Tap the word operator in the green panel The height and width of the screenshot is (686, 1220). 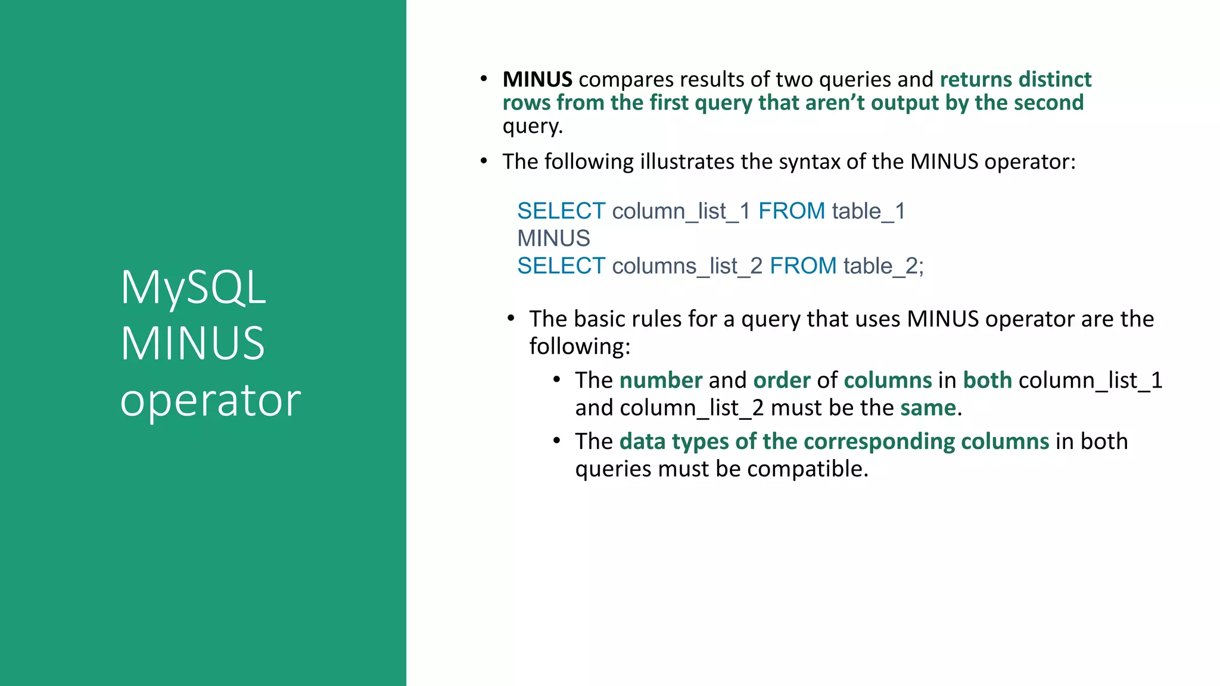click(x=210, y=400)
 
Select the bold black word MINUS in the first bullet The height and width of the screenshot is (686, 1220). click(x=537, y=79)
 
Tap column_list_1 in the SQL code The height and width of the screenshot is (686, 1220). click(x=681, y=211)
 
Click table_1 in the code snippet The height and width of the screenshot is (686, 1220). click(x=869, y=211)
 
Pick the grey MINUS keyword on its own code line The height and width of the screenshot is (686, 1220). click(x=553, y=239)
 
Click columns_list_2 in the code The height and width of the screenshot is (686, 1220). click(x=687, y=266)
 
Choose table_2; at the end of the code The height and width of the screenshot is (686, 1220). click(x=883, y=266)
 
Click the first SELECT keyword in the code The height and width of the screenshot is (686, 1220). click(x=561, y=211)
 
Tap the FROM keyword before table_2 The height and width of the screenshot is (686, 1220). click(x=803, y=266)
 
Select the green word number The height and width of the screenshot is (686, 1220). click(x=661, y=381)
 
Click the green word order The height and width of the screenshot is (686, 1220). click(x=782, y=381)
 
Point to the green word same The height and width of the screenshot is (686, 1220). click(x=928, y=408)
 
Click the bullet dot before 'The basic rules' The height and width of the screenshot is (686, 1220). click(x=511, y=319)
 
